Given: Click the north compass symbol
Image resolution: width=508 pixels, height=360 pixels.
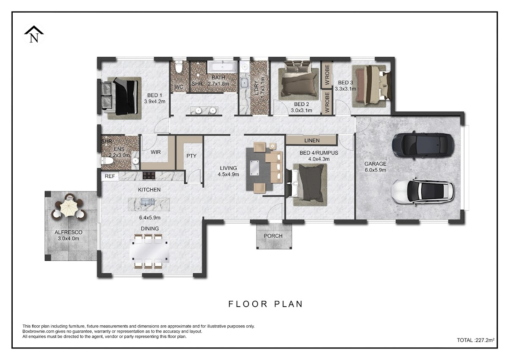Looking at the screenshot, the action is (34, 34).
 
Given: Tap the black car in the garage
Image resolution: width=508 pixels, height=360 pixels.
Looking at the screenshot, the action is (423, 144).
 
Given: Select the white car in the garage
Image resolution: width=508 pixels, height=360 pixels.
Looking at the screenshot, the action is (423, 192).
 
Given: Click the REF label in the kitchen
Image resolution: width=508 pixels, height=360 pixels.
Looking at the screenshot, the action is (110, 176).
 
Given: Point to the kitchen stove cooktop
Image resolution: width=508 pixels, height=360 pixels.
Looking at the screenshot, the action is (149, 176).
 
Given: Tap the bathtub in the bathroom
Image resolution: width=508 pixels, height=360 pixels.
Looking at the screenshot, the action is (223, 67).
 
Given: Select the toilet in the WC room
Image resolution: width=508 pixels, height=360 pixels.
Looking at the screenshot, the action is (179, 66).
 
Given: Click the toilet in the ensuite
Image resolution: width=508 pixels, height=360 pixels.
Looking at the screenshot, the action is (107, 161).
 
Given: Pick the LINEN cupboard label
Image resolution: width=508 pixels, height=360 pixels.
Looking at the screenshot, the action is (312, 141).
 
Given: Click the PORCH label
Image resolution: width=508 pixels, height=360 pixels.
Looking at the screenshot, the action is (273, 236).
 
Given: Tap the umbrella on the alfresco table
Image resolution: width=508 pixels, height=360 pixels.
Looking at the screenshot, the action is (68, 208).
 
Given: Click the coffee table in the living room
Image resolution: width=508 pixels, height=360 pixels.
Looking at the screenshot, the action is (254, 168).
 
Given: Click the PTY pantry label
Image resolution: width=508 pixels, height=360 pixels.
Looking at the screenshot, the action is (191, 156).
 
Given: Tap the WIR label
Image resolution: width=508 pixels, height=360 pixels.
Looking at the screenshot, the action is (156, 152).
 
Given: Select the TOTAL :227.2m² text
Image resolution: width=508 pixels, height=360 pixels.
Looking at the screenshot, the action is (476, 340).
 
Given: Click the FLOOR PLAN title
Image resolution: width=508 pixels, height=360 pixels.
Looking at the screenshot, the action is (265, 304).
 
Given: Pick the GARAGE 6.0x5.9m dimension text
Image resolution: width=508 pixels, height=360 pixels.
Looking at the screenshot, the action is (375, 167).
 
